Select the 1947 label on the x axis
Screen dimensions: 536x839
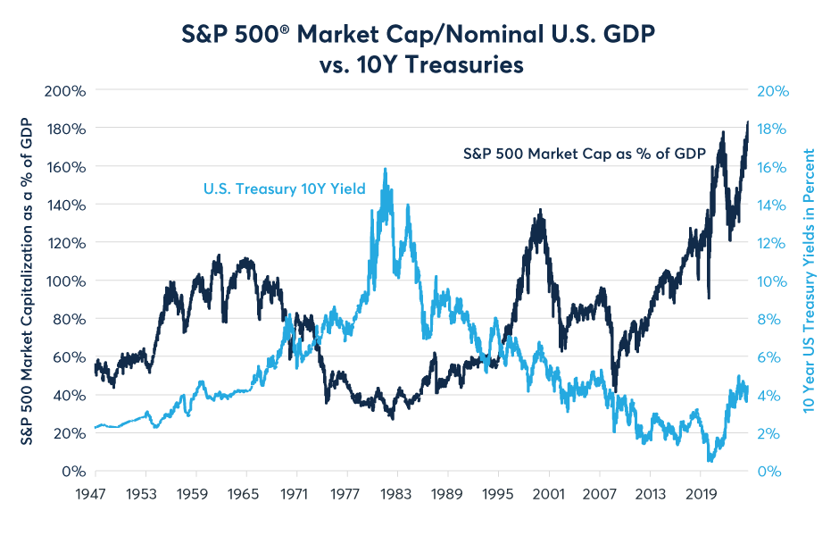95,492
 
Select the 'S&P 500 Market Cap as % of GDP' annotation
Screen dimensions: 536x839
585,153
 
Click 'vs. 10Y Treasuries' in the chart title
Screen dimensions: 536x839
418,66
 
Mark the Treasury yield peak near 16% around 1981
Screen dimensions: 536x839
385,169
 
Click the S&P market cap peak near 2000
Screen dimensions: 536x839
539,211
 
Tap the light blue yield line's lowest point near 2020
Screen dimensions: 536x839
710,460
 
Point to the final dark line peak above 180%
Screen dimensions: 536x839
747,122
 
